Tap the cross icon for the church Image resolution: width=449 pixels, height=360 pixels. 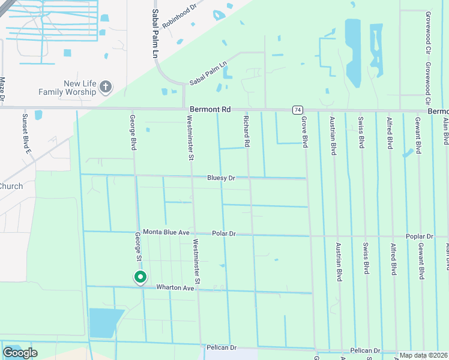[x=106, y=88]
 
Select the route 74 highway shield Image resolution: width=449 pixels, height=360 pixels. [x=298, y=110]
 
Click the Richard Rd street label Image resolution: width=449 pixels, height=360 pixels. [x=246, y=131]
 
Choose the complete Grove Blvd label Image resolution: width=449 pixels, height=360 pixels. [x=305, y=133]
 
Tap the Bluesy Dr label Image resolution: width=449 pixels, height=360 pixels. [x=221, y=178]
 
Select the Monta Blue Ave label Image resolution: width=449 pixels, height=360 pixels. [x=166, y=232]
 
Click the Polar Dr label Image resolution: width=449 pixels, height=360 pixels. [x=224, y=233]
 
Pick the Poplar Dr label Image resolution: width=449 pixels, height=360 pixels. [x=419, y=237]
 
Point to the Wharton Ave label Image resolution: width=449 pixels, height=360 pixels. [x=175, y=288]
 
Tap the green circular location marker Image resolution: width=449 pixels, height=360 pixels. [x=140, y=277]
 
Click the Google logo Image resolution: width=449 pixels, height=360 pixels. [x=20, y=353]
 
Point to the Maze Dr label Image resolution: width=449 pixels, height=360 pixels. [x=2, y=88]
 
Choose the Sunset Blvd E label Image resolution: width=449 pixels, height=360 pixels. [x=26, y=134]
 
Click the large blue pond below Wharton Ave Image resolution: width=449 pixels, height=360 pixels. [x=104, y=322]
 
